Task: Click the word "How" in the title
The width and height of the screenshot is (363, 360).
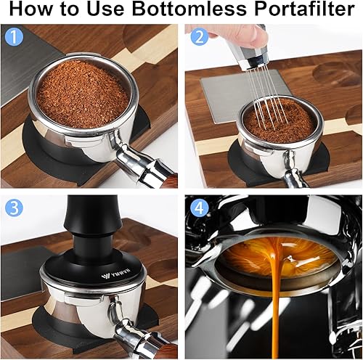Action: pos(35,11)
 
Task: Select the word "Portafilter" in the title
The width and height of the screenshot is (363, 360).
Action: pos(297,11)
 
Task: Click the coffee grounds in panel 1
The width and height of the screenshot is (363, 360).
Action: pos(81,92)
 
